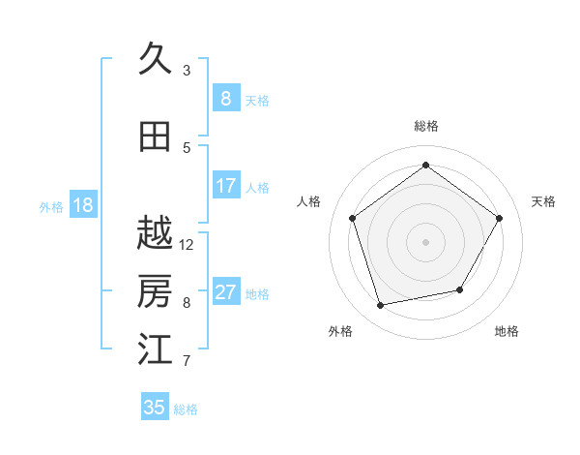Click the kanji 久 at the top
click(155, 60)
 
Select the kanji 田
click(155, 136)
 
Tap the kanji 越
click(155, 233)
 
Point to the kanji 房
click(155, 291)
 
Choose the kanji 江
click(155, 349)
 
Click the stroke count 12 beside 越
click(187, 245)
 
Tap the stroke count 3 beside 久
click(187, 71)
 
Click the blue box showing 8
click(225, 99)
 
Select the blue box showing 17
click(225, 186)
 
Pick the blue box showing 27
click(225, 292)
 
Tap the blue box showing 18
click(82, 205)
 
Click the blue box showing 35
click(155, 408)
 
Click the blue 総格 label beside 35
click(186, 409)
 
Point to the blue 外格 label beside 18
click(51, 206)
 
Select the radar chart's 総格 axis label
click(425, 126)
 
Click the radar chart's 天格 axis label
click(543, 201)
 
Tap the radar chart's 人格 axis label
click(309, 201)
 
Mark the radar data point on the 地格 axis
click(460, 289)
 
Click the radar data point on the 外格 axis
click(381, 306)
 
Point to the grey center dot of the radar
click(425, 241)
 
